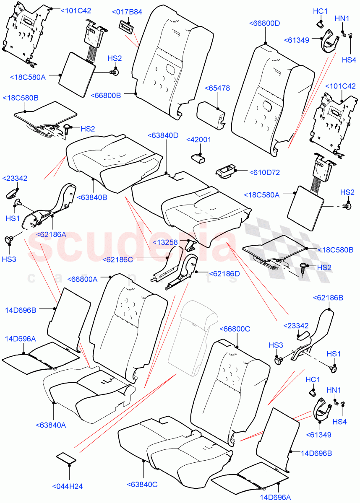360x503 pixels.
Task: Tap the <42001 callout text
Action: (x=198, y=140)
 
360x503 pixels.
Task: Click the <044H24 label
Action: (x=68, y=486)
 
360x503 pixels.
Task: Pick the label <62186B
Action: (x=328, y=298)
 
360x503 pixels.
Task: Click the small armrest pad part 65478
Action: (x=210, y=113)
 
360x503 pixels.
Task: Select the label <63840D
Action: (x=163, y=135)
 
